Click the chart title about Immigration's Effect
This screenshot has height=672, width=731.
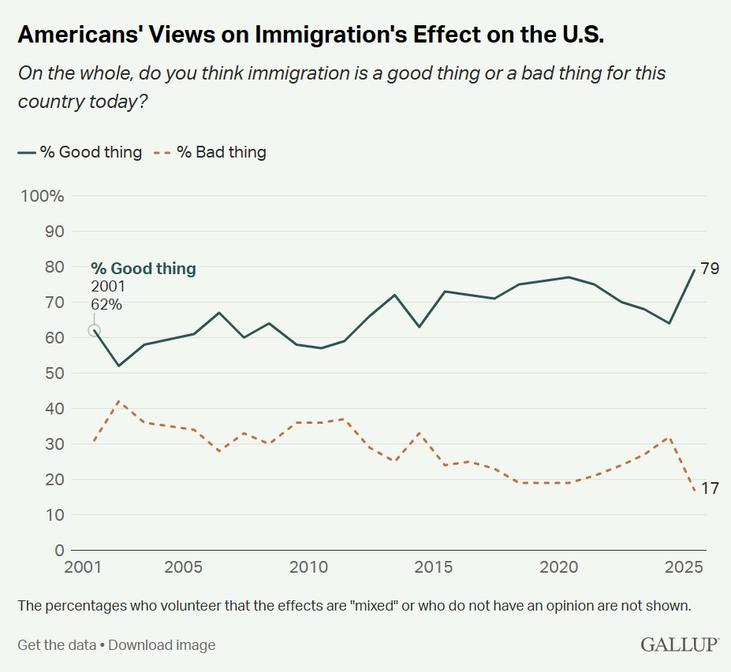click(x=311, y=36)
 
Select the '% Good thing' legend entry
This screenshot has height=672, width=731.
click(x=80, y=153)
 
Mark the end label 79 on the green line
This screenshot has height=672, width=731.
click(x=710, y=269)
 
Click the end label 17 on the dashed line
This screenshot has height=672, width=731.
click(x=710, y=488)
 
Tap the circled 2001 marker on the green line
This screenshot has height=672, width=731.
click(x=94, y=331)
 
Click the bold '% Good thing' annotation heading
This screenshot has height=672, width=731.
click(x=143, y=269)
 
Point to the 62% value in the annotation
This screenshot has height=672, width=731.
click(x=106, y=304)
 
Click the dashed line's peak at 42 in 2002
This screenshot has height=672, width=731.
click(x=119, y=401)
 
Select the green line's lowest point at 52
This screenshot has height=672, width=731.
click(x=119, y=366)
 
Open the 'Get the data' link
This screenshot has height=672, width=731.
click(x=56, y=645)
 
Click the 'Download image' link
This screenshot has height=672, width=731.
click(x=162, y=645)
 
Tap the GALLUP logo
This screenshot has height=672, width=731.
click(x=679, y=645)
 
